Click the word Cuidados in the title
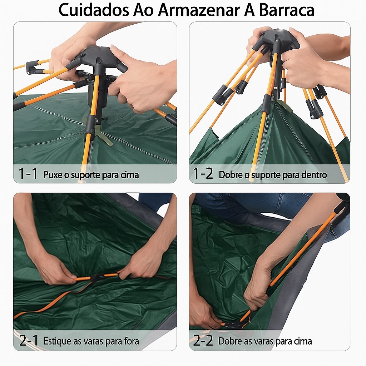[x=94, y=10]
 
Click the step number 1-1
[x=28, y=174]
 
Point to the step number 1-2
[x=203, y=174]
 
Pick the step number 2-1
[x=29, y=340]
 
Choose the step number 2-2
[x=203, y=340]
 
